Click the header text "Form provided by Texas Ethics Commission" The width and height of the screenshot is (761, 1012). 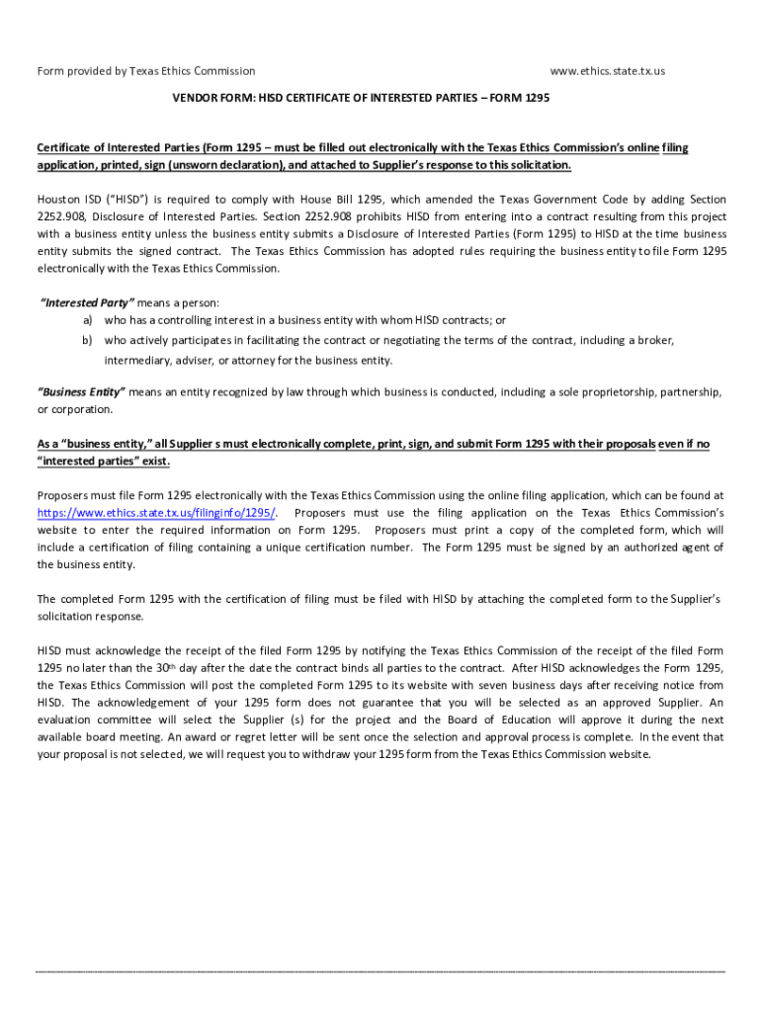click(146, 71)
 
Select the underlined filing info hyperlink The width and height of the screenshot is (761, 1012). click(157, 513)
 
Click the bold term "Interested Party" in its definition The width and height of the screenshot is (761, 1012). click(86, 302)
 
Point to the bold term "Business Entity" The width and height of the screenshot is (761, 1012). click(81, 391)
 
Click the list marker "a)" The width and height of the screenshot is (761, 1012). click(88, 320)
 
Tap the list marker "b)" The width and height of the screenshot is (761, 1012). click(88, 340)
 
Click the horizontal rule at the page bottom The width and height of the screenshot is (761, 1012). click(380, 970)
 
